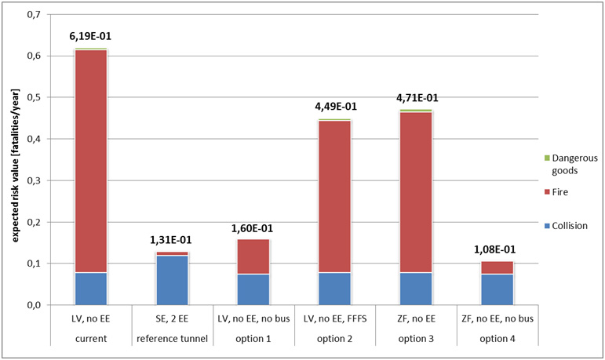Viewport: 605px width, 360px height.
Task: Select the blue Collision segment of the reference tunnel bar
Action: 171,280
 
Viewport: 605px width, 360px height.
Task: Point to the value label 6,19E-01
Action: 91,35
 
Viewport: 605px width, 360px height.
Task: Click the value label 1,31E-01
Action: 171,240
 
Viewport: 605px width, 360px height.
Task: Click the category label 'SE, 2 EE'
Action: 171,320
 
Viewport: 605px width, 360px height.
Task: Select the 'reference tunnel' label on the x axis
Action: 171,338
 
